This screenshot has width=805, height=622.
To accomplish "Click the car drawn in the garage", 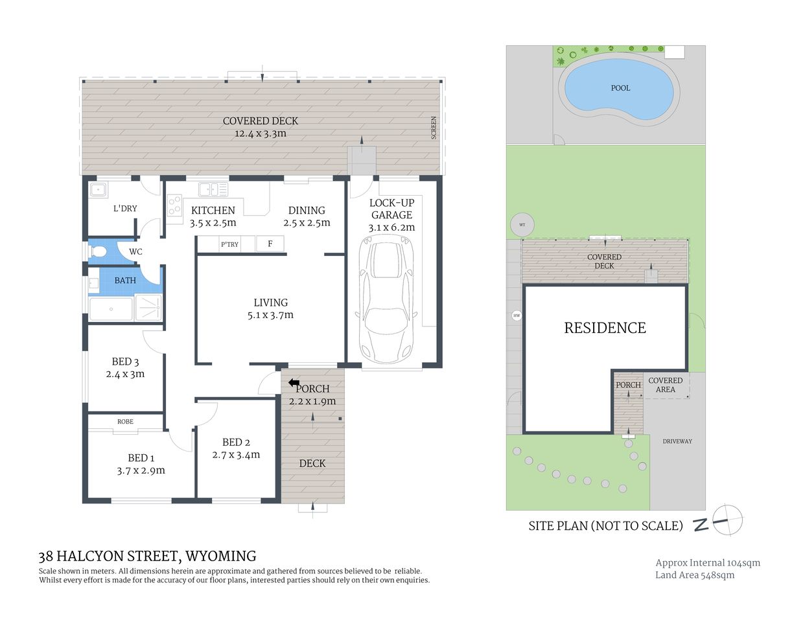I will [x=387, y=303].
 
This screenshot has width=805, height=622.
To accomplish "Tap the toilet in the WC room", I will [x=100, y=251].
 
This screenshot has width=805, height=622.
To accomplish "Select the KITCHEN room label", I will [x=213, y=211].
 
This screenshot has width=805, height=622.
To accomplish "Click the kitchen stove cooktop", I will [x=174, y=206].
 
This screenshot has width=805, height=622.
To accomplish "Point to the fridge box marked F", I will [x=270, y=244].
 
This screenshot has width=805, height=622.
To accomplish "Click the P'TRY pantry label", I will [x=229, y=244].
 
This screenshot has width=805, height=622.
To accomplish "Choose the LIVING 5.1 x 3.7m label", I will [x=270, y=309].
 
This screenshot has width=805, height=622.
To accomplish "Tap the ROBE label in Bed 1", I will [x=125, y=422].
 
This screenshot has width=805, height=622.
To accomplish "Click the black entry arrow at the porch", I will [x=294, y=383].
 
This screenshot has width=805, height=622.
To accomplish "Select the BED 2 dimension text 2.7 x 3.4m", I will [x=236, y=455].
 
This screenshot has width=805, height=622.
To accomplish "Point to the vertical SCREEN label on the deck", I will [x=434, y=128].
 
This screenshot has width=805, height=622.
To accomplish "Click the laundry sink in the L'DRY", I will [x=98, y=190].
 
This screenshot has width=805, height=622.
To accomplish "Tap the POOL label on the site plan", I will [x=620, y=88].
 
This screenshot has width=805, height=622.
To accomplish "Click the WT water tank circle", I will [x=522, y=225].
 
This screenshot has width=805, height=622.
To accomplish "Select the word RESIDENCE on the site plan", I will [x=605, y=328].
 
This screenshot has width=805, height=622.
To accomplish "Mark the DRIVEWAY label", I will [x=677, y=441].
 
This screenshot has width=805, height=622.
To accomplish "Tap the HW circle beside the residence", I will [x=517, y=316].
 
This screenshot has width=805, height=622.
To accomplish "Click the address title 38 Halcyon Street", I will [x=147, y=556].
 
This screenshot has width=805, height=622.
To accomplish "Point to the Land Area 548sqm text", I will [x=695, y=575].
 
